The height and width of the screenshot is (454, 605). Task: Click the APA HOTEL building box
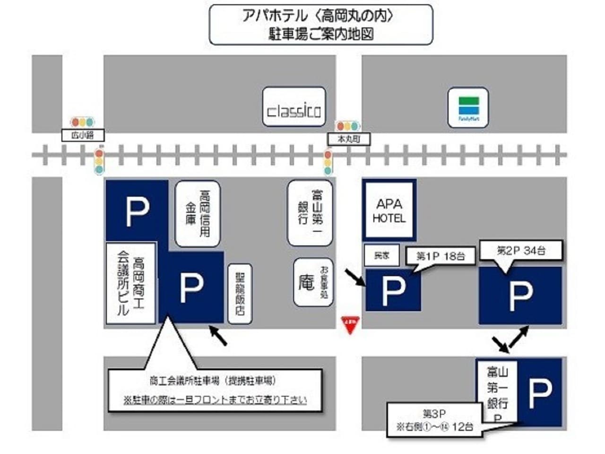389,210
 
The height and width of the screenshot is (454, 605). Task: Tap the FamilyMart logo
468,107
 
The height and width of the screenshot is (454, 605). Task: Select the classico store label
294,106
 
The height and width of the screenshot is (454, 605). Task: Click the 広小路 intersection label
83,135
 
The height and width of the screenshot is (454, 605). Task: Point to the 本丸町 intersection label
349,139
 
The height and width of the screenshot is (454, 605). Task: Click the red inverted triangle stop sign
350,325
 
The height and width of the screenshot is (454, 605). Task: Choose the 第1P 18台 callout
440,256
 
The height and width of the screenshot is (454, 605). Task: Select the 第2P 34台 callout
521,251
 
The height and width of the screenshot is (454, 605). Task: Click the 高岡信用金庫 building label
198,214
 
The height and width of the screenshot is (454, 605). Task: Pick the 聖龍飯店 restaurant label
240,294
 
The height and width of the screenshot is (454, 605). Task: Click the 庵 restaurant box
313,282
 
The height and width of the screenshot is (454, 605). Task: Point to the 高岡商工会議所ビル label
131,283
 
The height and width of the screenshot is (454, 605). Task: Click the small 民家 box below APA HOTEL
381,255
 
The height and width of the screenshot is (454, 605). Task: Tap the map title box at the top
320,25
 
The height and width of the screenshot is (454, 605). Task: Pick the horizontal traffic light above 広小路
82,122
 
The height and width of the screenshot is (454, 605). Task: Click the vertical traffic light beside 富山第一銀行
328,162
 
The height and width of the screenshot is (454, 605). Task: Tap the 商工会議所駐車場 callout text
215,390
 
